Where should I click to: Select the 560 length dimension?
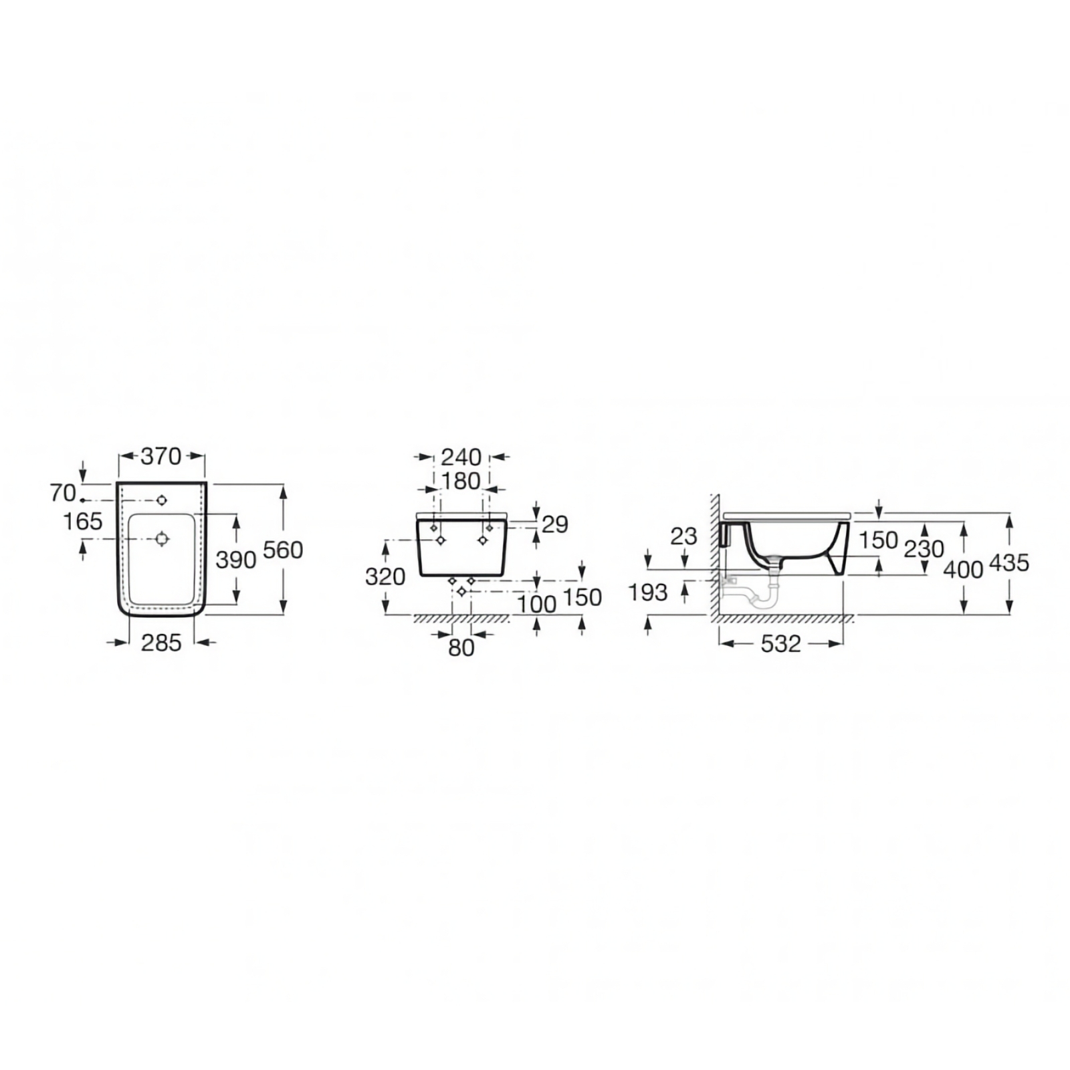point(283,550)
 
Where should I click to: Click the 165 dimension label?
point(83,521)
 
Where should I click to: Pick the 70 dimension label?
point(63,494)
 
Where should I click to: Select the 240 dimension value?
point(461,457)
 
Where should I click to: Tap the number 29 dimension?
point(555,524)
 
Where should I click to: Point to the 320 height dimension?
point(385,576)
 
